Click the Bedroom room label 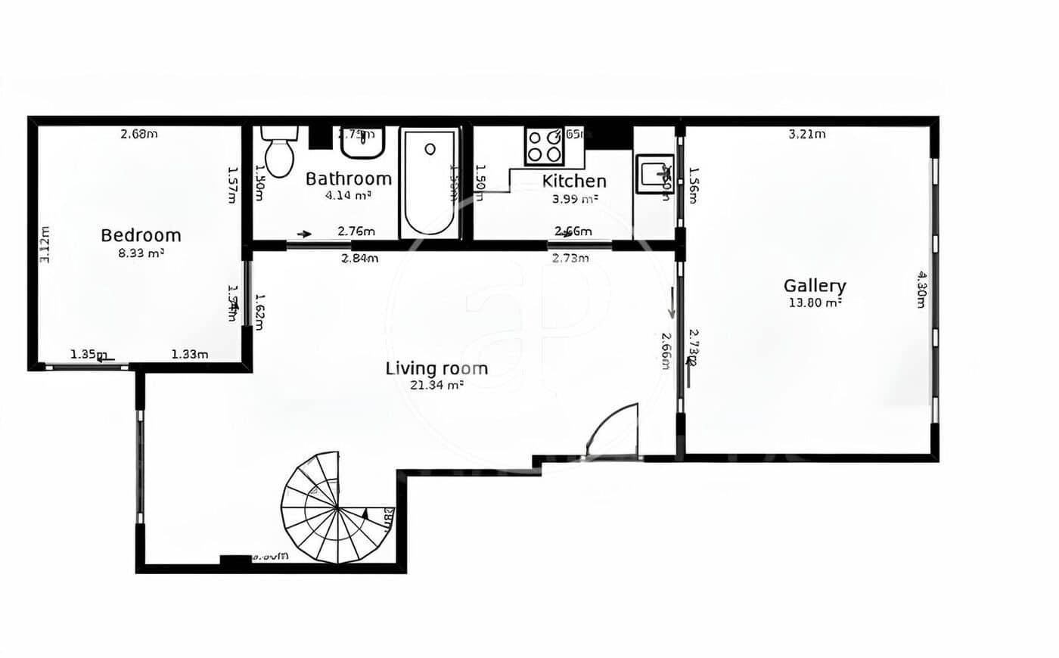(x=141, y=235)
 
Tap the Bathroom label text (x=349, y=178)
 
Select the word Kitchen (x=574, y=181)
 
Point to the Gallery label (x=815, y=286)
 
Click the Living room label (x=436, y=368)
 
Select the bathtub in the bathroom (x=430, y=182)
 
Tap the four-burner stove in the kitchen (x=545, y=146)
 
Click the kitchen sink (x=653, y=174)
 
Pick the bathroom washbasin (x=362, y=141)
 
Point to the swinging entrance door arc (x=614, y=431)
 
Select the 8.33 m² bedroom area (x=141, y=253)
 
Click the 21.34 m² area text (x=436, y=385)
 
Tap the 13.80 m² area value (x=815, y=303)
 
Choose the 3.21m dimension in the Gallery (x=807, y=135)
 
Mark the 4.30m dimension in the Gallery (x=921, y=289)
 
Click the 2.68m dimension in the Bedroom (x=139, y=135)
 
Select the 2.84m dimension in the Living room (x=359, y=259)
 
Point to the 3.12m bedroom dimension (x=45, y=244)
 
